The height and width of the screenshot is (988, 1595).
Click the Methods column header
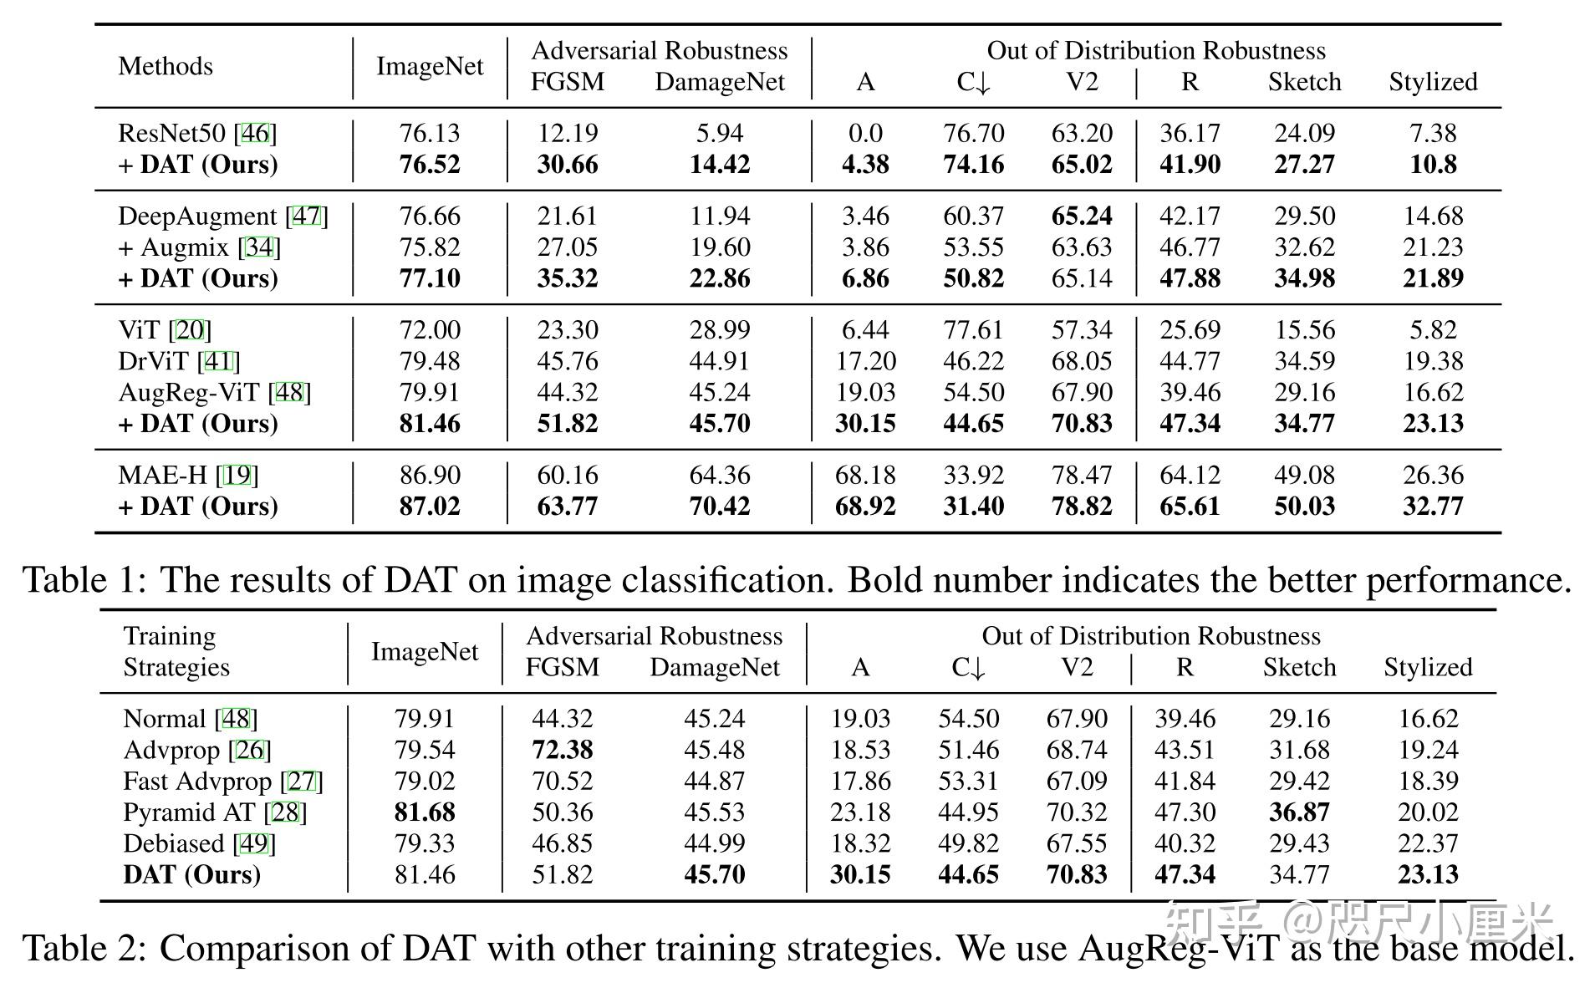coord(166,66)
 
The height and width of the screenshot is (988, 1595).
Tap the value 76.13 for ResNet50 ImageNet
coord(430,133)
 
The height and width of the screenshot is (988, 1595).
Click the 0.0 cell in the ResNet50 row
coord(865,133)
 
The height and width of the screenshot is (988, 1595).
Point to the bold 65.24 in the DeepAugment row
coord(1082,216)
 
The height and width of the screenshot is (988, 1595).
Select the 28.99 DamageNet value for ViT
coord(720,330)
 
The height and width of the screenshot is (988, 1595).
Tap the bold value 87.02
coord(430,507)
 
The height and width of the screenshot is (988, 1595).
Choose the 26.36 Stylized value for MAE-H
coord(1433,475)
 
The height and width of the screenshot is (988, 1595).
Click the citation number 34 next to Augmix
coord(259,247)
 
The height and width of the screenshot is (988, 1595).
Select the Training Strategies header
coord(176,651)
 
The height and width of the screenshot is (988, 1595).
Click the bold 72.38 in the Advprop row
coord(563,750)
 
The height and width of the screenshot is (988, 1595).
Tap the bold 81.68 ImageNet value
coord(425,812)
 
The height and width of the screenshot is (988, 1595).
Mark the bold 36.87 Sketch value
coord(1299,812)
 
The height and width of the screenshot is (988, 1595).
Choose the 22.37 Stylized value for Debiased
coord(1428,843)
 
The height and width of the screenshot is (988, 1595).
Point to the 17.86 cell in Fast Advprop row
coord(860,782)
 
